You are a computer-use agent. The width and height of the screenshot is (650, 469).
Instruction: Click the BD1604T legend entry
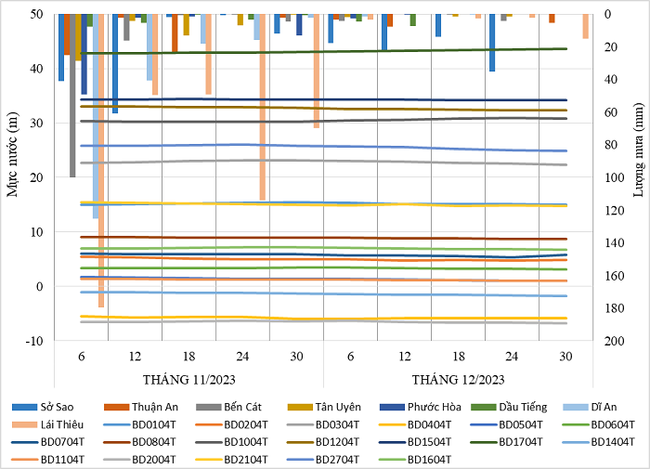[429, 459]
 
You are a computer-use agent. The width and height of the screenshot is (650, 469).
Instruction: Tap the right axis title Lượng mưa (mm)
[639, 176]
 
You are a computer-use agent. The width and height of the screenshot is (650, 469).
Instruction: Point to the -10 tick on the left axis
[34, 341]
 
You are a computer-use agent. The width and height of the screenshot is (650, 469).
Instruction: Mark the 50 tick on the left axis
[36, 14]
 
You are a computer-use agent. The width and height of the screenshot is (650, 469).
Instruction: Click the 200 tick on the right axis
[613, 341]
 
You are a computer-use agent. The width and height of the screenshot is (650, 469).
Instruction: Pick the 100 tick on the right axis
[613, 177]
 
